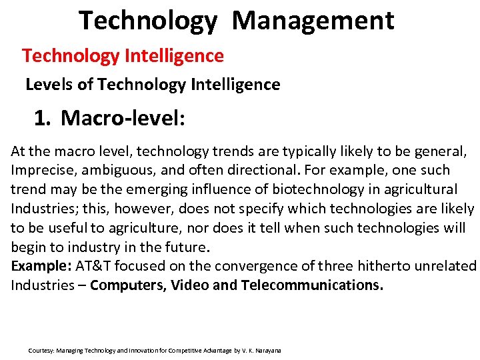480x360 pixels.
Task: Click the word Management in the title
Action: [313, 21]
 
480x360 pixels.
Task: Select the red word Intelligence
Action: [174, 55]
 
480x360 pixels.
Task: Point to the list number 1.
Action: [42, 119]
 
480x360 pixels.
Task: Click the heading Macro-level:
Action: [123, 119]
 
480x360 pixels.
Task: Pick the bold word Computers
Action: [128, 285]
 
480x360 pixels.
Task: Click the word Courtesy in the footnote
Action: [41, 351]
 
